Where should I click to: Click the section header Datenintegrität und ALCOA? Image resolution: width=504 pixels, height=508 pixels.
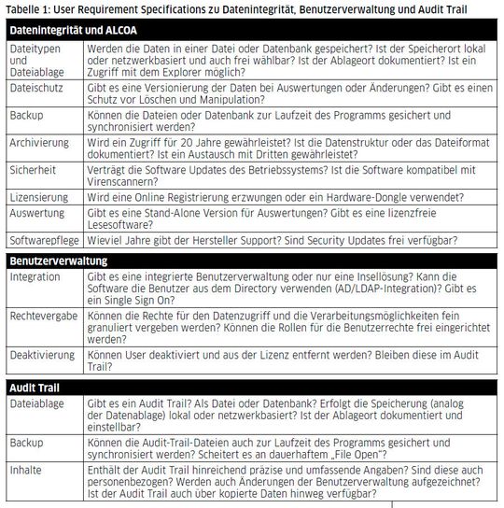[74, 30]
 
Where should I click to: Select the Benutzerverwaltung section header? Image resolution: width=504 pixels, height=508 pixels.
[60, 261]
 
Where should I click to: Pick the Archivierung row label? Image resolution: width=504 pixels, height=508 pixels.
[40, 143]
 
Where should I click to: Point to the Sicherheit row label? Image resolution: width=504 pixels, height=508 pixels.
[35, 171]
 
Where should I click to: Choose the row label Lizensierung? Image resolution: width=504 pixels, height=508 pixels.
[39, 199]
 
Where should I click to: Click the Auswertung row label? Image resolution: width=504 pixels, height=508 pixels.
[38, 214]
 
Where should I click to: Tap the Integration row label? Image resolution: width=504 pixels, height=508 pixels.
[35, 277]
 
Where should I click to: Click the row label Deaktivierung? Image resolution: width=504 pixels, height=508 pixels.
[43, 355]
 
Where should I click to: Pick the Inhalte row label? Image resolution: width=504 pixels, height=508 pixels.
[27, 470]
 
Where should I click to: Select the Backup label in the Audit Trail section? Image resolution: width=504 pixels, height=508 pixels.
[27, 443]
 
